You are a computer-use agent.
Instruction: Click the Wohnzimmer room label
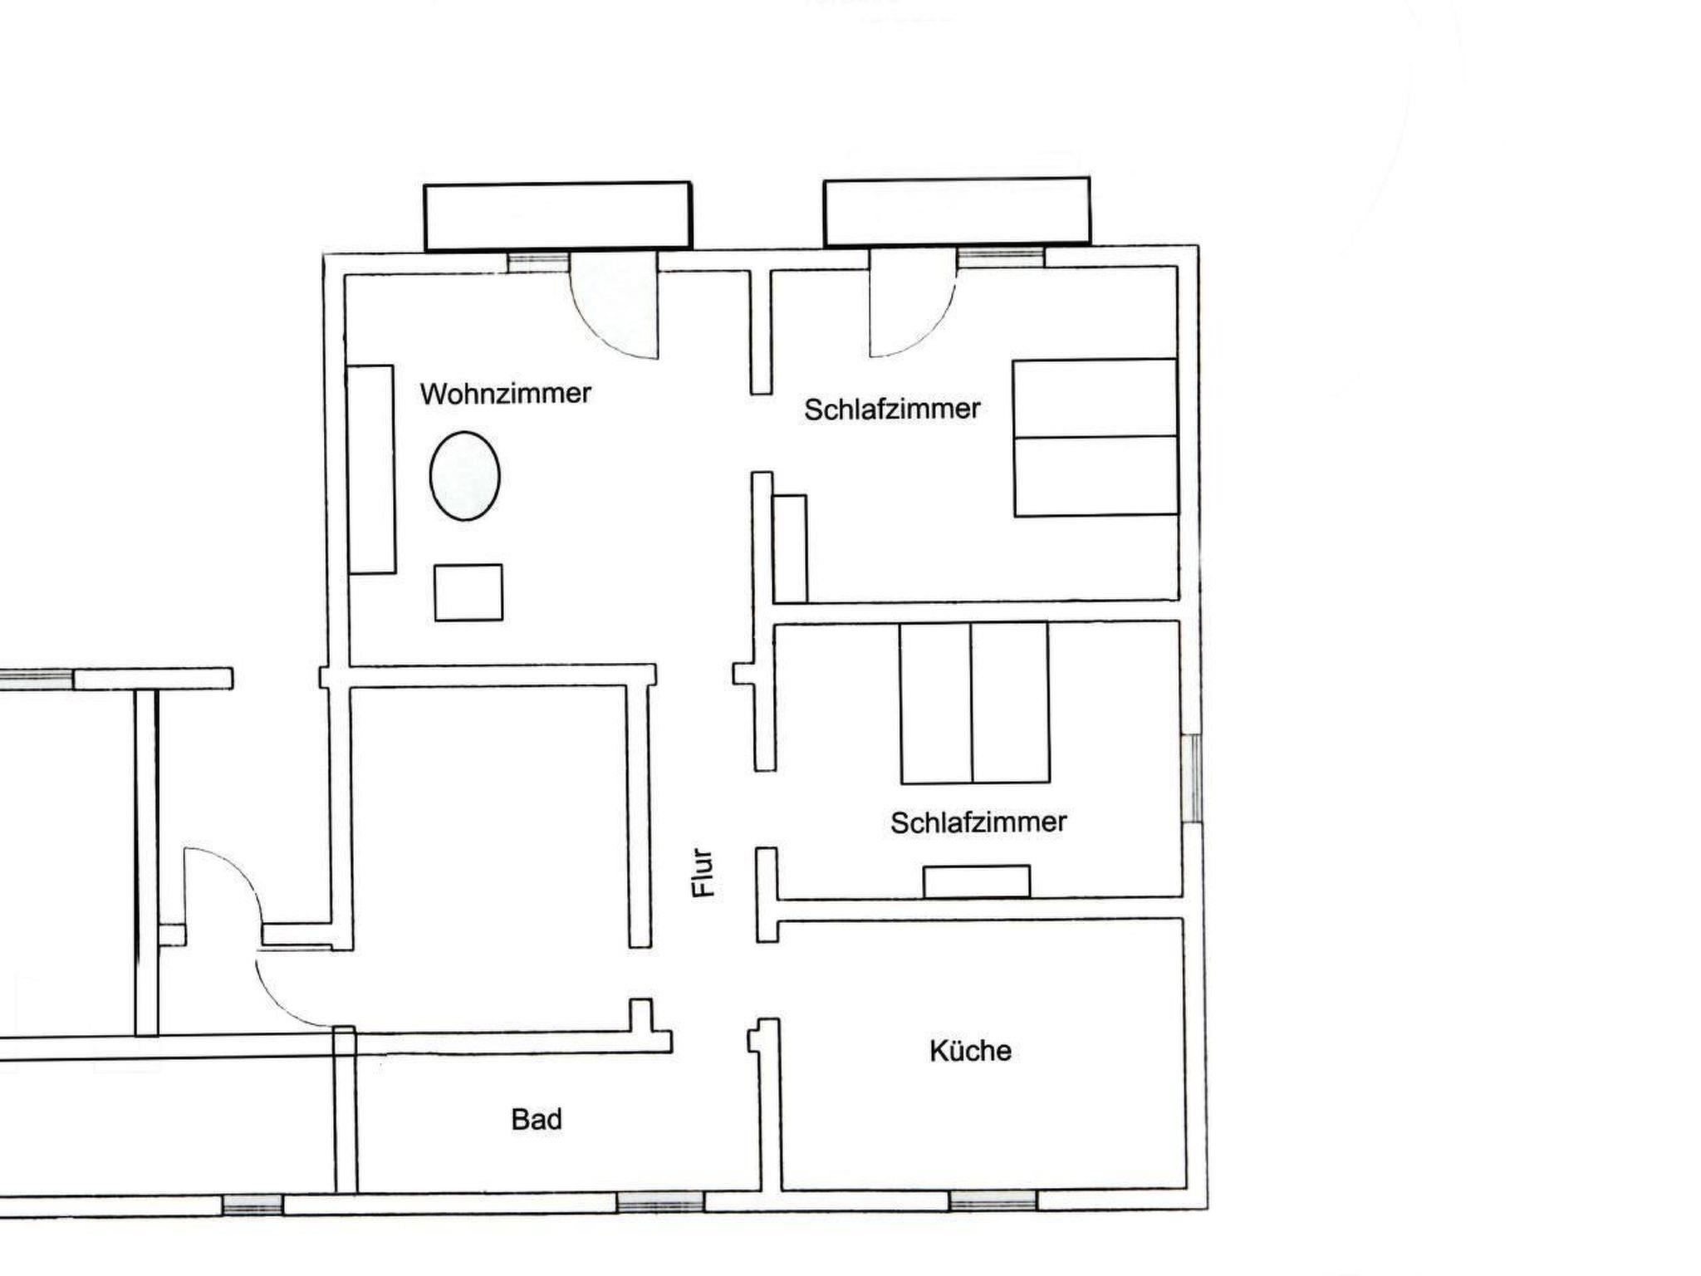[x=505, y=393]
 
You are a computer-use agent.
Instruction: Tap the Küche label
[x=970, y=1051]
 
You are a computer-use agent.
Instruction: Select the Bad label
[x=537, y=1120]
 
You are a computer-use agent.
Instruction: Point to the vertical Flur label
[x=703, y=872]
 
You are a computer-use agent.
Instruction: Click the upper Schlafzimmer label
[x=892, y=409]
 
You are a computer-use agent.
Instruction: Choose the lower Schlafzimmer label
[x=978, y=822]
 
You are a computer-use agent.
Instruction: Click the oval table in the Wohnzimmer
[x=464, y=476]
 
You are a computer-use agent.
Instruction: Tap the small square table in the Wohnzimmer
[x=468, y=592]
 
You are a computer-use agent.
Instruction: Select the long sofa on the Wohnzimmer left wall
[x=370, y=469]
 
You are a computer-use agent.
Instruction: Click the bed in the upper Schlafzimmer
[x=1095, y=438]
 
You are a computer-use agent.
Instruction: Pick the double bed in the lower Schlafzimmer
[x=974, y=703]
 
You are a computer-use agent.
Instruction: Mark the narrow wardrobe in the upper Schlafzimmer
[x=790, y=549]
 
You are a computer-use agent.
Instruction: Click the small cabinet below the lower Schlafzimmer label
[x=977, y=881]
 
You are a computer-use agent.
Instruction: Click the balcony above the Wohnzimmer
[x=557, y=216]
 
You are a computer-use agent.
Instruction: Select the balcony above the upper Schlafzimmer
[x=957, y=212]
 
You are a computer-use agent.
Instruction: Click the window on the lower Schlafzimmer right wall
[x=1192, y=778]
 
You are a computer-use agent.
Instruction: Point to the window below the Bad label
[x=660, y=1202]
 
